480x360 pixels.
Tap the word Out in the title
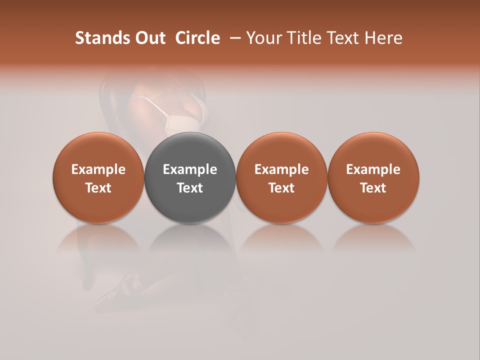[149, 38]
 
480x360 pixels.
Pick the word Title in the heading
[305, 38]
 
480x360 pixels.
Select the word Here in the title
[384, 38]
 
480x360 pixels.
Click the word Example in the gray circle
[190, 169]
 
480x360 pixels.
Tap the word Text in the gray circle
[190, 188]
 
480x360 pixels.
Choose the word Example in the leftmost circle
[98, 169]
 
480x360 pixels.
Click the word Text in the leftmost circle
[98, 188]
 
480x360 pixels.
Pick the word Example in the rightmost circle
[373, 169]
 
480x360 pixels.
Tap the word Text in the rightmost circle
[373, 188]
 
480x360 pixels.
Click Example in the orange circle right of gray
[281, 169]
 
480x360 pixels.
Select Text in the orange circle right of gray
[281, 188]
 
